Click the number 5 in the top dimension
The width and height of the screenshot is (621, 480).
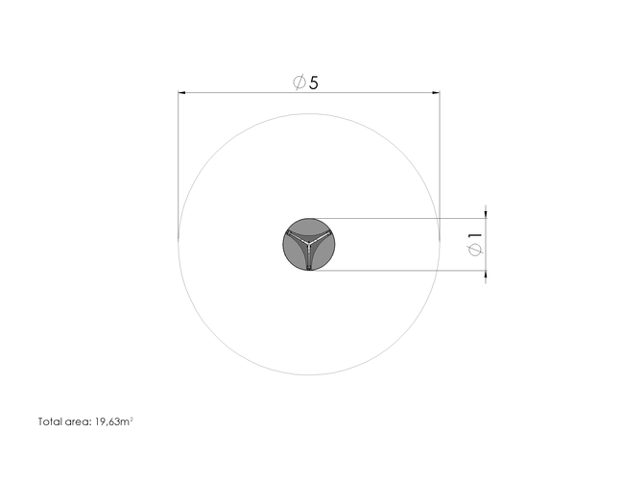click(x=313, y=83)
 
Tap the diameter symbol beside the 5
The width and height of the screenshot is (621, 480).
click(x=299, y=83)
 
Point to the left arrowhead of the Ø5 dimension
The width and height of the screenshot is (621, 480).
click(x=181, y=93)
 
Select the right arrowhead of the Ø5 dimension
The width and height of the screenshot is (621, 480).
click(x=436, y=93)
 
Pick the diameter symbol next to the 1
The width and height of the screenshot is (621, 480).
click(x=475, y=250)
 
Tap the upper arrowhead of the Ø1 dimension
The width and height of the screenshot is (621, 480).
click(x=486, y=215)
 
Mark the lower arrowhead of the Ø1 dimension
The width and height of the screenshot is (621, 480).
click(x=486, y=275)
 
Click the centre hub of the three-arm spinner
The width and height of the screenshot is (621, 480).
click(x=309, y=242)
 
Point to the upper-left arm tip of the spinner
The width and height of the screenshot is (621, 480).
click(x=289, y=232)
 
